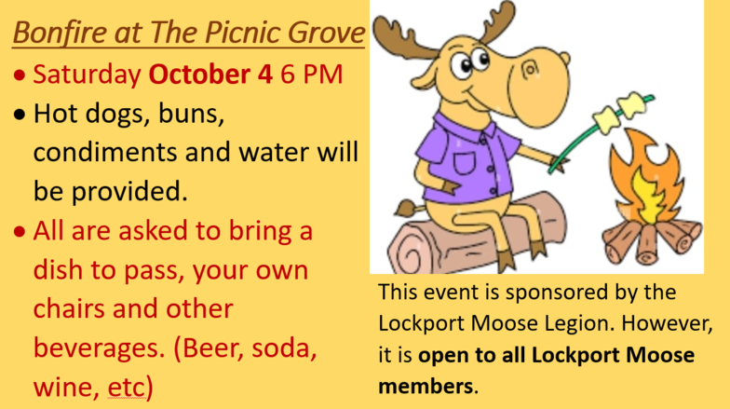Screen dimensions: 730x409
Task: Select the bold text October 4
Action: click(x=210, y=74)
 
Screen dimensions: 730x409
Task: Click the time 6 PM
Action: click(x=311, y=74)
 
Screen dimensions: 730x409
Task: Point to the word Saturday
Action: click(x=88, y=75)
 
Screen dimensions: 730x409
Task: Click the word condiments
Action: click(x=105, y=152)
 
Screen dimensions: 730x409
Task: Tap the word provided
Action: click(x=129, y=192)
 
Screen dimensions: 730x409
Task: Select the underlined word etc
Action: click(x=126, y=388)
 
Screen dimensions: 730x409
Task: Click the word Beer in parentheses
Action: click(x=209, y=348)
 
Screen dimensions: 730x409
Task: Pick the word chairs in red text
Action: click(x=69, y=308)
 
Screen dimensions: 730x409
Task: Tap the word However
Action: click(x=667, y=323)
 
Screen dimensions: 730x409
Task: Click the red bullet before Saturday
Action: click(x=20, y=75)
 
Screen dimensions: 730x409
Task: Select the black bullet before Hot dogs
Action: click(x=20, y=115)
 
